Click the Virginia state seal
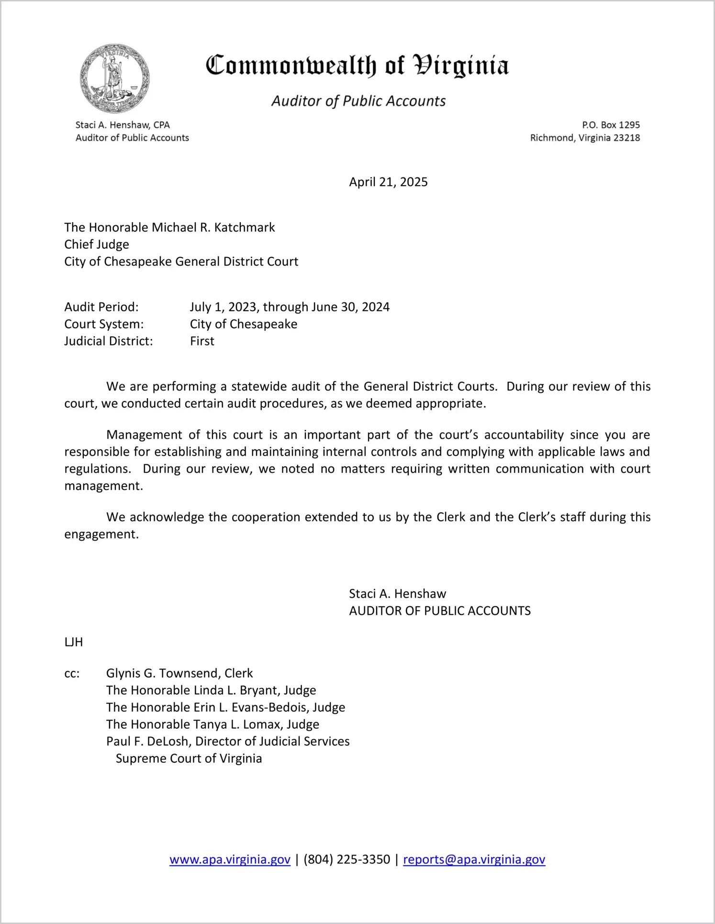click(x=114, y=78)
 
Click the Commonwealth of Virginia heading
click(x=357, y=66)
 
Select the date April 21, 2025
click(x=388, y=182)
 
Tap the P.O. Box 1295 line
click(x=611, y=125)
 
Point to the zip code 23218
click(x=626, y=138)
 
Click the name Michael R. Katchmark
click(x=213, y=227)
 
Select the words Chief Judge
click(x=97, y=245)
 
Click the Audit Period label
click(x=101, y=307)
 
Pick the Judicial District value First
click(x=202, y=341)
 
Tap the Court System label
click(x=104, y=324)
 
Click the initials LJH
click(x=74, y=642)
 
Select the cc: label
click(x=72, y=674)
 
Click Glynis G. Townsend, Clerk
click(x=179, y=674)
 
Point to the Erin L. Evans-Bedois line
click(x=225, y=708)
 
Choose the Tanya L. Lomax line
click(x=212, y=724)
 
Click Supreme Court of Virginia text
click(x=189, y=759)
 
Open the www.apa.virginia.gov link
click(x=230, y=860)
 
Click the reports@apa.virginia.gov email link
click(x=474, y=860)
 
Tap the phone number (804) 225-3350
click(x=346, y=860)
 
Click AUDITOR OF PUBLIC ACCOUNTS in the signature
click(x=439, y=611)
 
